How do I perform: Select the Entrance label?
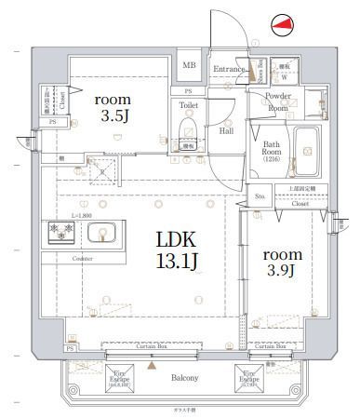click(x=228, y=68)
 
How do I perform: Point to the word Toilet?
click(x=189, y=105)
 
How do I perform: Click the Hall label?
click(x=225, y=131)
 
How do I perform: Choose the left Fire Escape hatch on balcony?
click(x=93, y=377)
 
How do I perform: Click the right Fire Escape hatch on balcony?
click(x=248, y=377)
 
